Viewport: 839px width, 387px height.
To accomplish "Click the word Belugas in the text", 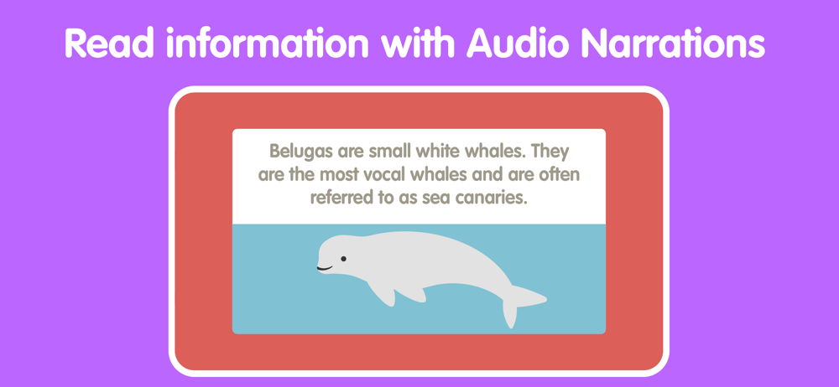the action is [x=301, y=152].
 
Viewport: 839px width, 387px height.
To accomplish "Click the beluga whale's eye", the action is [x=343, y=259].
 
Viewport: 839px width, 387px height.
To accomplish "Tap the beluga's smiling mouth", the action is [x=324, y=268].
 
